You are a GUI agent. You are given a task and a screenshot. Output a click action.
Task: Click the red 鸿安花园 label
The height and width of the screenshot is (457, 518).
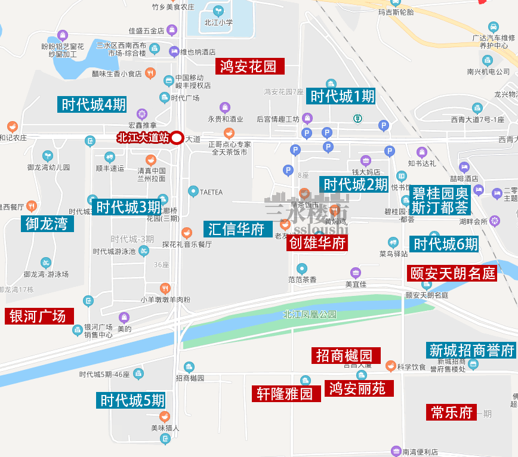pos(249,66)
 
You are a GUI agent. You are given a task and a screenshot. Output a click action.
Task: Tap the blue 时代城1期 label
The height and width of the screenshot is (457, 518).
pos(342,95)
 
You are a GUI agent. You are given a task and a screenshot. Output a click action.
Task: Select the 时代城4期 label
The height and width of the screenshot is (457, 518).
pos(93,104)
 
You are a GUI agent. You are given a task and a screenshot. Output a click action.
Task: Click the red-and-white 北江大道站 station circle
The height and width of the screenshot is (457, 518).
pos(177,138)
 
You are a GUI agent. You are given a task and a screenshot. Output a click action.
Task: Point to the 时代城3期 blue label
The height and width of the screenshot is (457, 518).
pos(128,207)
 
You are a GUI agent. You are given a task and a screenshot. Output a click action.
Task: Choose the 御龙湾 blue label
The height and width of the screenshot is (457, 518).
pos(47,224)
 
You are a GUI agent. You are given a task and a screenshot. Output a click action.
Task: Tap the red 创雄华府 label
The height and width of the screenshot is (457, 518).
pos(317,242)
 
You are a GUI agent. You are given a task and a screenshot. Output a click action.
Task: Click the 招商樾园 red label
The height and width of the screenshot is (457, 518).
pos(344,356)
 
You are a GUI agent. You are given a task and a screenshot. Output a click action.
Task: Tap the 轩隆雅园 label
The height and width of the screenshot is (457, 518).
pos(285,394)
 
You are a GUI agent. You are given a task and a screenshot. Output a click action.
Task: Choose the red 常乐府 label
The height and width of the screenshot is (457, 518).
pos(452,412)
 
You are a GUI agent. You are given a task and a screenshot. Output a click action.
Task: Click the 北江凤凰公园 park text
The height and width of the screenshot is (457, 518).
pos(310,314)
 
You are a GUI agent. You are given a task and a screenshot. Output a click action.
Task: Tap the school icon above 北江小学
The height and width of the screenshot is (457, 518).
pos(218,11)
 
